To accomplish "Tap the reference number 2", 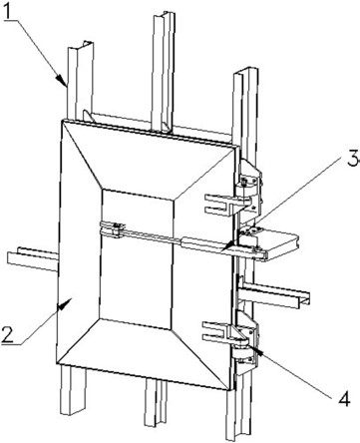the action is click(8, 334).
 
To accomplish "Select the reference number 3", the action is click(353, 158).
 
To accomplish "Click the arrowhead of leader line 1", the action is click(61, 81).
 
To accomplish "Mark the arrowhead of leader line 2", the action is click(65, 303).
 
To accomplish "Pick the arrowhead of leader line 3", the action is click(228, 245).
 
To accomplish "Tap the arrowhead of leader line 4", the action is click(256, 349).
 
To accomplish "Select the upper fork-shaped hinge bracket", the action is click(227, 204).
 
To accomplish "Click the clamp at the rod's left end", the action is click(113, 229).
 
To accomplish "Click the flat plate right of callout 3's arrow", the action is click(277, 245).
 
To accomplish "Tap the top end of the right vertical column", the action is click(246, 73).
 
